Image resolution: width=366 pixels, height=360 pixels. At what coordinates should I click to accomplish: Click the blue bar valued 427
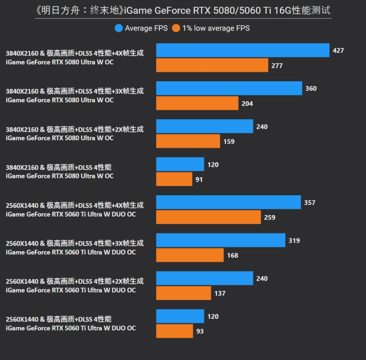242,50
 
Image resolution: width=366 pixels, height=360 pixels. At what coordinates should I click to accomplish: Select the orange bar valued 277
212,66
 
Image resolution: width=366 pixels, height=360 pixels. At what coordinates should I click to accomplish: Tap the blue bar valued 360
229,88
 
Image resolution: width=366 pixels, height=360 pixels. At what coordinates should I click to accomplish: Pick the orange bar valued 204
197,104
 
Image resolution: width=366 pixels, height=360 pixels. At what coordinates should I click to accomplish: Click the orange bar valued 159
188,141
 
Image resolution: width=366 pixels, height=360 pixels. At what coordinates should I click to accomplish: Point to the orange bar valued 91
174,179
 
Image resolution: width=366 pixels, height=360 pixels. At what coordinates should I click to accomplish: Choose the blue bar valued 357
228,202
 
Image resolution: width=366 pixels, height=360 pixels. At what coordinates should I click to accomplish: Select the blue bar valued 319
220,241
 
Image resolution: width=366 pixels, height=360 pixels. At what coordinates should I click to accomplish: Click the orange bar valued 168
190,255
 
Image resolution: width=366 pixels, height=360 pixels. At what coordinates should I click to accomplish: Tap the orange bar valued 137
183,293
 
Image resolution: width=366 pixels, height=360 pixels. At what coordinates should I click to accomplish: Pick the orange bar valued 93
175,332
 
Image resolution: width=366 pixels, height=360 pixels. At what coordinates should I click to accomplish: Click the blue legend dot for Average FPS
119,28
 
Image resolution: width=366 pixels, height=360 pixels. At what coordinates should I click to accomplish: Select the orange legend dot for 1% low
176,28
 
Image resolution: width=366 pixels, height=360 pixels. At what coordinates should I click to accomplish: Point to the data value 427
338,50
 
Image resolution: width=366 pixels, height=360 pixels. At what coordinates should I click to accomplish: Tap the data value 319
294,241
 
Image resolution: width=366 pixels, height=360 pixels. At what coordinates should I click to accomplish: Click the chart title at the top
183,10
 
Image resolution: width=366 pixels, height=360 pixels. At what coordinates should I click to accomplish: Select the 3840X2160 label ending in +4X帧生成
75,53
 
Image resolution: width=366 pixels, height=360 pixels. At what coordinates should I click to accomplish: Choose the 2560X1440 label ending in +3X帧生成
75,243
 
